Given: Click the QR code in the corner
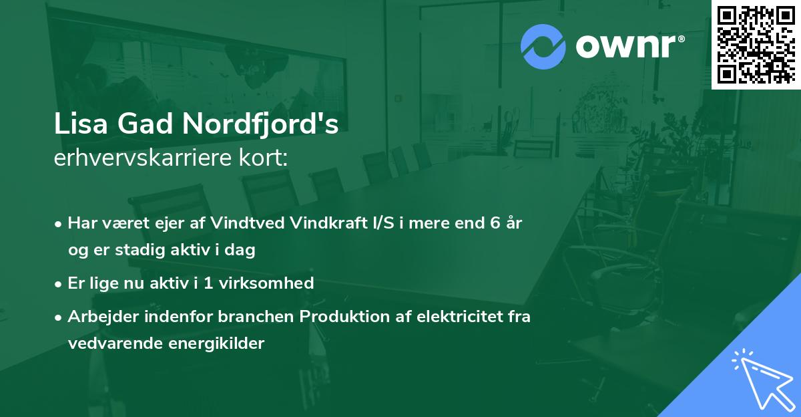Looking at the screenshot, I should click(x=756, y=44).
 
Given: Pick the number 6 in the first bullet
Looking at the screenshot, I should click(x=495, y=223).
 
